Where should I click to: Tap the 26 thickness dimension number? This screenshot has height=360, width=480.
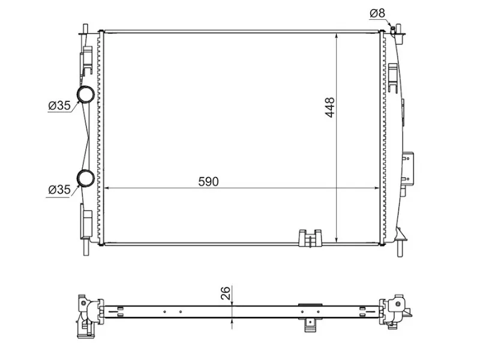point(226,293)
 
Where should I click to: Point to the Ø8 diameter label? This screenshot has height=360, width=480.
point(377,12)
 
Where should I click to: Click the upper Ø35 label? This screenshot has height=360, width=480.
point(59,106)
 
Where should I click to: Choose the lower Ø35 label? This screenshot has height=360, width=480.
point(59,190)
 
